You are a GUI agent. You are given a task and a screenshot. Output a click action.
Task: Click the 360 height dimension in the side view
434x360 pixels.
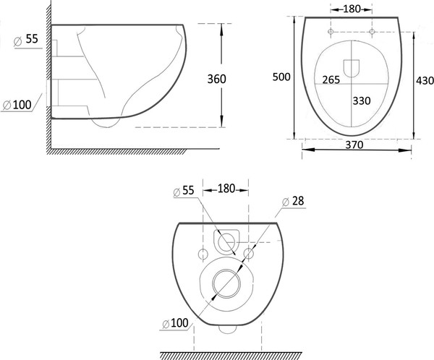coord(217,79)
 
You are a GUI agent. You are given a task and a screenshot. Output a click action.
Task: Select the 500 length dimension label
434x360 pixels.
coord(281,77)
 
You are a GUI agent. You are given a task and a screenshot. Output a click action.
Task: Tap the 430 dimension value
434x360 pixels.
coord(425,80)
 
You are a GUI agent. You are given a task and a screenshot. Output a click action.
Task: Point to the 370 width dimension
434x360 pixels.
coord(354,145)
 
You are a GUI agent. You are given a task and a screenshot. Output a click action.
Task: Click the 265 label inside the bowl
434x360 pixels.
coord(331,80)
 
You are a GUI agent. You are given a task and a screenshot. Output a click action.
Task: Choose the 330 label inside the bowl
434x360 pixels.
coord(362,100)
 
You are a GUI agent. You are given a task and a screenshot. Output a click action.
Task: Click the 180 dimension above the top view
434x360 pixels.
coord(352,9)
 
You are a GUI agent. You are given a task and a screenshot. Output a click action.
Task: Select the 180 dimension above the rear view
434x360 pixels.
coord(226,189)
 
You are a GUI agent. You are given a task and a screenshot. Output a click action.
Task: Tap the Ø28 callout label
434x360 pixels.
coord(293,201)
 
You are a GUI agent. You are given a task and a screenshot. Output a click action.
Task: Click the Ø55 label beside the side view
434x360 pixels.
coord(26,40)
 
